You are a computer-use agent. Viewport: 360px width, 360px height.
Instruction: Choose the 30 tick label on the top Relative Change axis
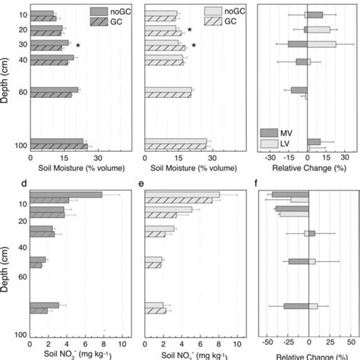344,159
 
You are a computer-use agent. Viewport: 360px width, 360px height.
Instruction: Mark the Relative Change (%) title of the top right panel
307,169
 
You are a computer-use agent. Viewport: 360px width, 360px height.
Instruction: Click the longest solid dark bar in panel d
65,195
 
